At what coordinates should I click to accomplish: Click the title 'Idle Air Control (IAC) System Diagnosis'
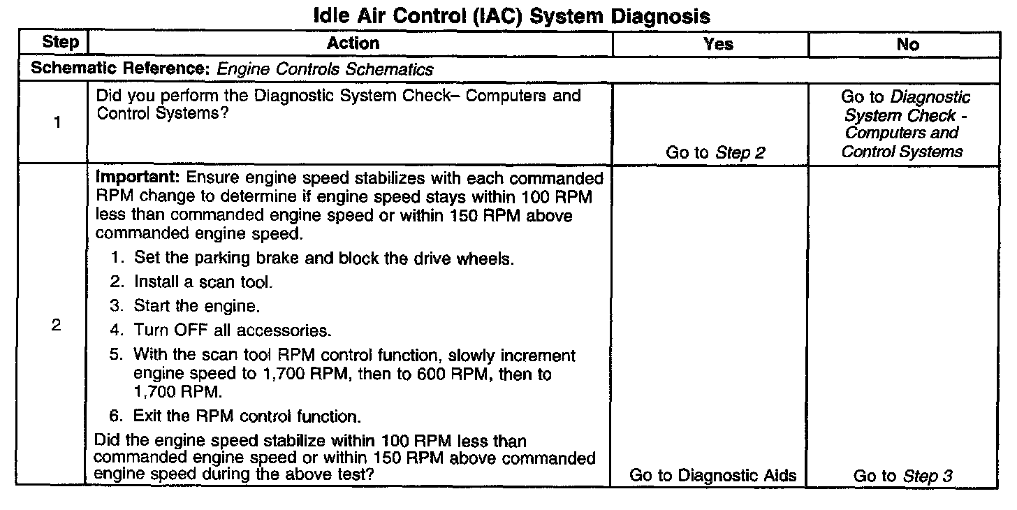(x=508, y=15)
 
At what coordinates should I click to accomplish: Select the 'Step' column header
(x=60, y=42)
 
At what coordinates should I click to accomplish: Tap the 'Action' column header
(x=353, y=43)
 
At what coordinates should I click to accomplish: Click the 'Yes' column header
(x=718, y=44)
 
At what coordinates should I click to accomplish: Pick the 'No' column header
(x=907, y=44)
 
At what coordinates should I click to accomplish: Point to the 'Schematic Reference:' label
(x=122, y=69)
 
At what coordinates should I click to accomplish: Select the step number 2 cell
(x=56, y=326)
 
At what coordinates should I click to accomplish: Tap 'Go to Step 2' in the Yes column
(x=715, y=152)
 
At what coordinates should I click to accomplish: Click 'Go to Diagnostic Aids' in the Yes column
(x=713, y=476)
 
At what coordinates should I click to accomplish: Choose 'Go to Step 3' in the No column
(x=903, y=476)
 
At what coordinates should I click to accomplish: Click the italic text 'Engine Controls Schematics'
(x=325, y=69)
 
